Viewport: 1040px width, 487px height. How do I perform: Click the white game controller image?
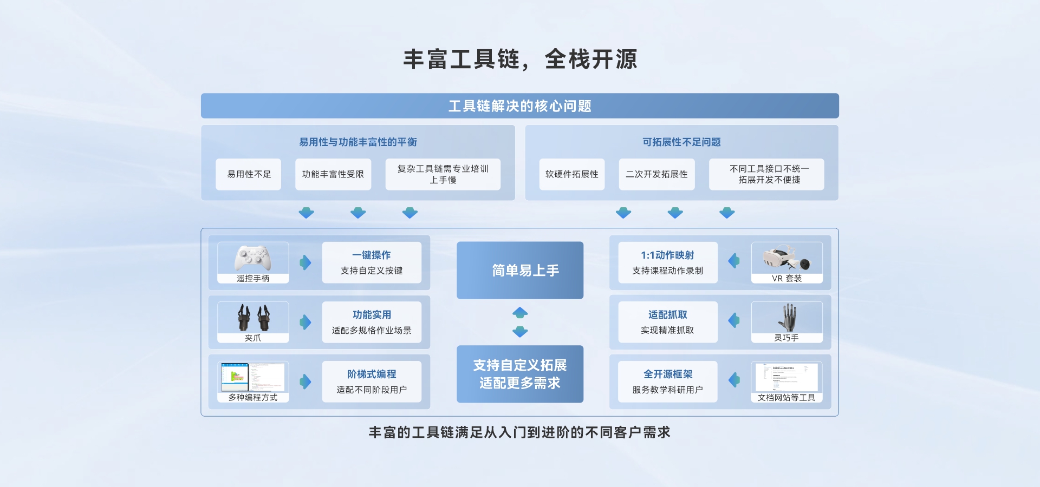[x=253, y=258]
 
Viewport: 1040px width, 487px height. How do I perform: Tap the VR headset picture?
[x=786, y=258]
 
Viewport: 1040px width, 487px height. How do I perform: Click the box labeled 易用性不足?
[x=249, y=174]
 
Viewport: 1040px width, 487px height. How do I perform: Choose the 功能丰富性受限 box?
[x=333, y=174]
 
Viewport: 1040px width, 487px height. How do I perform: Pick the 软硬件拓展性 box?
[x=572, y=174]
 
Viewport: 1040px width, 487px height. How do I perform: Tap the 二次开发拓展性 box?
[x=656, y=174]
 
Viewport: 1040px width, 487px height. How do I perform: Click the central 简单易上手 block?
[x=520, y=270]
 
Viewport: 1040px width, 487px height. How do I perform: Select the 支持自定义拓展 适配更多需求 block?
[x=520, y=374]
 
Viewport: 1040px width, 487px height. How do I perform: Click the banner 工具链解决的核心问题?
[x=520, y=106]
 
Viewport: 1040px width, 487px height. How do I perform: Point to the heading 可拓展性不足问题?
[x=681, y=142]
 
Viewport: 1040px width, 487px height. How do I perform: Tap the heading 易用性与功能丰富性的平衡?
[x=358, y=142]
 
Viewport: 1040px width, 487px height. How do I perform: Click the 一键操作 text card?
[x=372, y=262]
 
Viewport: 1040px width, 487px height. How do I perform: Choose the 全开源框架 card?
[x=668, y=381]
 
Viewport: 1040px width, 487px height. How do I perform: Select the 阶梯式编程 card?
[x=372, y=381]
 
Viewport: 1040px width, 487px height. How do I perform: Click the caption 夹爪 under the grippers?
[x=253, y=338]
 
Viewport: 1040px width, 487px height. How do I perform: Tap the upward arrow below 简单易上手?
[x=520, y=313]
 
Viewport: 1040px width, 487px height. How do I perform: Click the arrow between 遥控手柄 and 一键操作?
[x=305, y=262]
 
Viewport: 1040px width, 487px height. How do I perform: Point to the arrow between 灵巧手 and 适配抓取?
[x=734, y=320]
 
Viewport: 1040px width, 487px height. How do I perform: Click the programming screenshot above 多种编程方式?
[x=253, y=377]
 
